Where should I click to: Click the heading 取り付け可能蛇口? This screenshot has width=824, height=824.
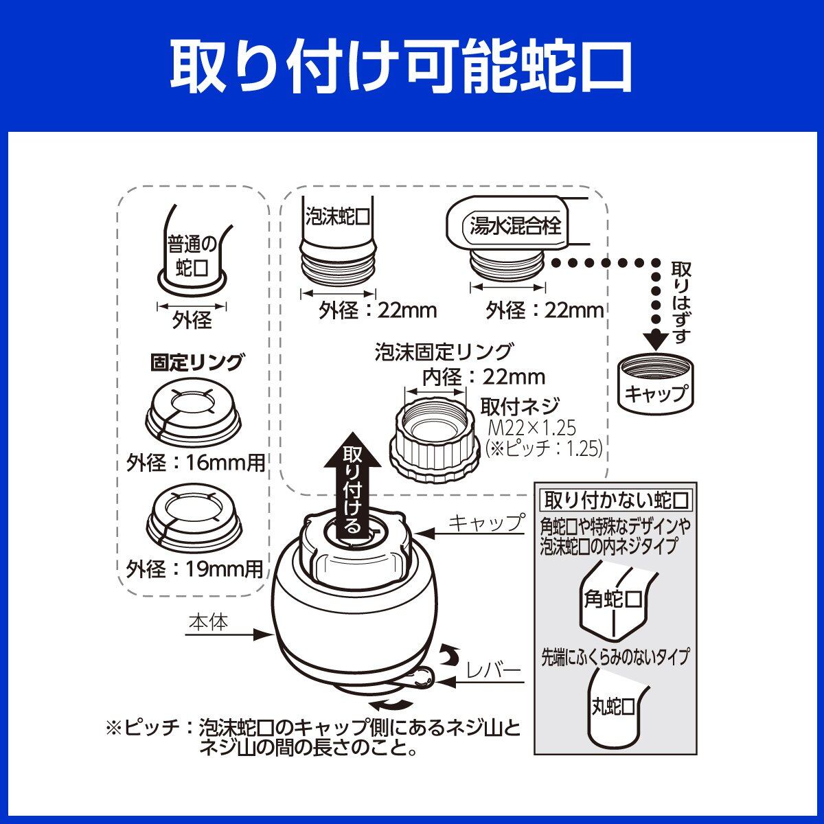(x=401, y=67)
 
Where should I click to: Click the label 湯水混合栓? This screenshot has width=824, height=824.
(x=515, y=225)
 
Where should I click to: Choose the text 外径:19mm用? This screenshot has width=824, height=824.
(x=194, y=569)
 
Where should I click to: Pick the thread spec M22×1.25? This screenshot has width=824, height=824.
(x=533, y=428)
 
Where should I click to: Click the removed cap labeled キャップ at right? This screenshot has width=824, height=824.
(x=656, y=382)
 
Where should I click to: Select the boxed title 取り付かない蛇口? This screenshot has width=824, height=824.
(x=616, y=501)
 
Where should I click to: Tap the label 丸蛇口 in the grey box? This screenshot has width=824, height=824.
(x=613, y=707)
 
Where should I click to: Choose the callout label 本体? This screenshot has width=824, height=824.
(x=209, y=622)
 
